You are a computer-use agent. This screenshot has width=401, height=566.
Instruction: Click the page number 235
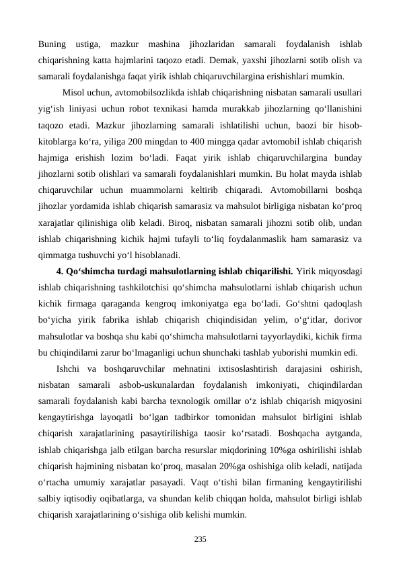(200, 538)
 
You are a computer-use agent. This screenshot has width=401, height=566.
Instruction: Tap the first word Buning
(53, 44)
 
